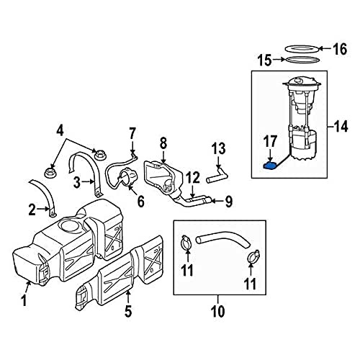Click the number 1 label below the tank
click(x=23, y=300)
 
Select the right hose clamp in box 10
click(x=253, y=256)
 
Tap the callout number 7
click(x=132, y=133)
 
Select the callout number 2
click(x=32, y=210)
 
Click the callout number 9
click(x=229, y=201)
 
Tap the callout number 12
click(x=193, y=178)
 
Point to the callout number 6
click(x=140, y=201)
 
